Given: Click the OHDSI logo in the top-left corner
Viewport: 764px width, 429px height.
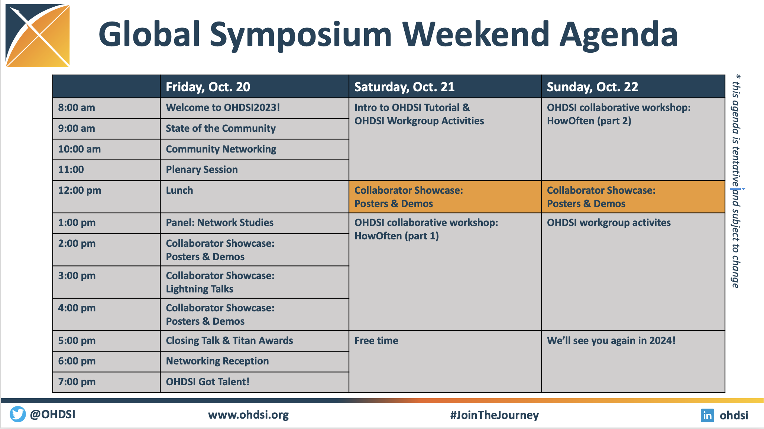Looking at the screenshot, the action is click(38, 36).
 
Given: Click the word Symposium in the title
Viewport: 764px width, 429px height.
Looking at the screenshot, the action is click(301, 35).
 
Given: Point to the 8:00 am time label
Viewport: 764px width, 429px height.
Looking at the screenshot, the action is click(77, 108).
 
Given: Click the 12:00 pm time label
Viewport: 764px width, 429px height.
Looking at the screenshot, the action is click(80, 190).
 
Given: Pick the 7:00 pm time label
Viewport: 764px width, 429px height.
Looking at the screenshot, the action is click(77, 382).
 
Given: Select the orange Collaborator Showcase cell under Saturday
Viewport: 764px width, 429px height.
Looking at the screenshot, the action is click(445, 197).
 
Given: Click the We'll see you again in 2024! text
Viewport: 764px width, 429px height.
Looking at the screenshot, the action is click(611, 341).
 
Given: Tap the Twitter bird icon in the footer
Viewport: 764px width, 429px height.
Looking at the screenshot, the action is click(17, 414).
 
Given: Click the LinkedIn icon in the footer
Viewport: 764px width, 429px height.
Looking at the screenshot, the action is click(708, 415).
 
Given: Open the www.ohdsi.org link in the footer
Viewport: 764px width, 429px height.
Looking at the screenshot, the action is click(248, 415).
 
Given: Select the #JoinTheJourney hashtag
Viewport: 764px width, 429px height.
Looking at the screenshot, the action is click(494, 415).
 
